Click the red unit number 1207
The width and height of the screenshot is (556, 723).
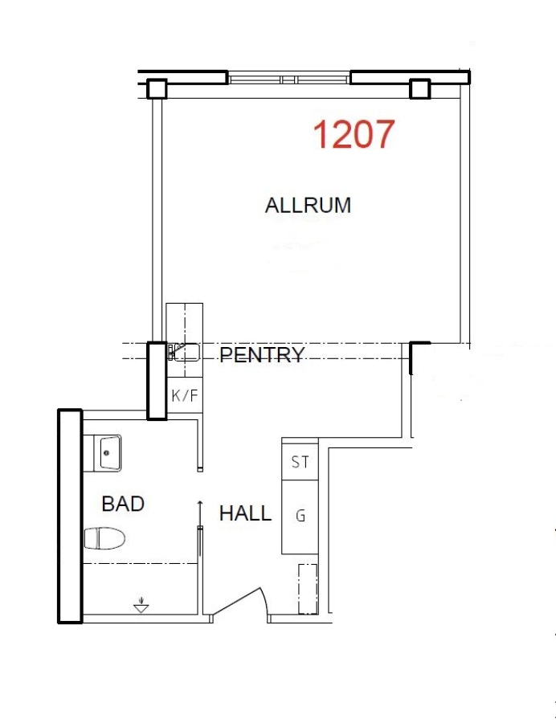point(354,133)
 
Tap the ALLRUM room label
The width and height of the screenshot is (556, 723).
point(308,205)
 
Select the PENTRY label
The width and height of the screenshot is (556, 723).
point(262,354)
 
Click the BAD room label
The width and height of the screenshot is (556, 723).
point(123,504)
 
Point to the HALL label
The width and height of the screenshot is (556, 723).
point(245,513)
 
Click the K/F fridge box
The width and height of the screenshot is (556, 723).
point(185,395)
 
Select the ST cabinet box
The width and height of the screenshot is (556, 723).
point(300,462)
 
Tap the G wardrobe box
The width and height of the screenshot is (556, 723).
point(300,517)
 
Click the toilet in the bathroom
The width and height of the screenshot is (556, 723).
point(105,538)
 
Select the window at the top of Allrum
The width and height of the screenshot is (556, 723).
point(289,79)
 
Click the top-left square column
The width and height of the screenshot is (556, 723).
point(157,89)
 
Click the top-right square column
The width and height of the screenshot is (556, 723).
point(420,88)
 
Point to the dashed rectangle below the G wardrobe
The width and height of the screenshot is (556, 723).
point(308,589)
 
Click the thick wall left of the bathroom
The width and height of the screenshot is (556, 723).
point(70,517)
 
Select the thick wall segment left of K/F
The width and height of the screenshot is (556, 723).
point(157,381)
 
